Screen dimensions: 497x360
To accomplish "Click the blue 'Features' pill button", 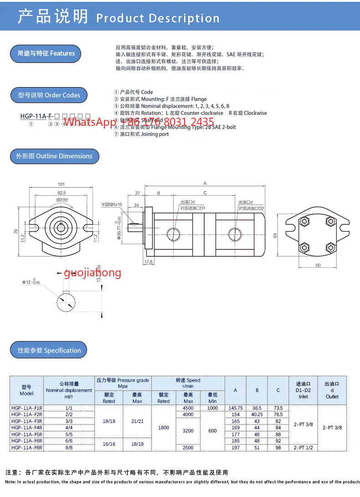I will [46, 53].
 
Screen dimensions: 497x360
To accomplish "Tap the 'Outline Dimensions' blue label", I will [54, 156].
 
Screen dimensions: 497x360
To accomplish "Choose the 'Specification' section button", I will [49, 350].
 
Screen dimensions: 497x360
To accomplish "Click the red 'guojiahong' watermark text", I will [93, 273].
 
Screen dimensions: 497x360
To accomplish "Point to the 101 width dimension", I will [61, 185].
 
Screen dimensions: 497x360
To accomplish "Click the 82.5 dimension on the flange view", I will [61, 193].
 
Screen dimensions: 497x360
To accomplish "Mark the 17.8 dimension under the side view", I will [148, 262].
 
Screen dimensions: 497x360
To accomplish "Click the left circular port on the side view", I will [174, 234].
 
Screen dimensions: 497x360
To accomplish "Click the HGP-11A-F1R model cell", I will [26, 408].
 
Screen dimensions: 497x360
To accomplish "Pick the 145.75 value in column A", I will [236, 408].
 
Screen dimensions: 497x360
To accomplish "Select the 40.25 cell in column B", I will [257, 414].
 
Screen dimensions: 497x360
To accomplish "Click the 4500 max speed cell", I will [188, 408].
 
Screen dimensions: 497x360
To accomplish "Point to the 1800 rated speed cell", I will [164, 428].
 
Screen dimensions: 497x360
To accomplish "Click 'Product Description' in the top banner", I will [158, 18].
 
